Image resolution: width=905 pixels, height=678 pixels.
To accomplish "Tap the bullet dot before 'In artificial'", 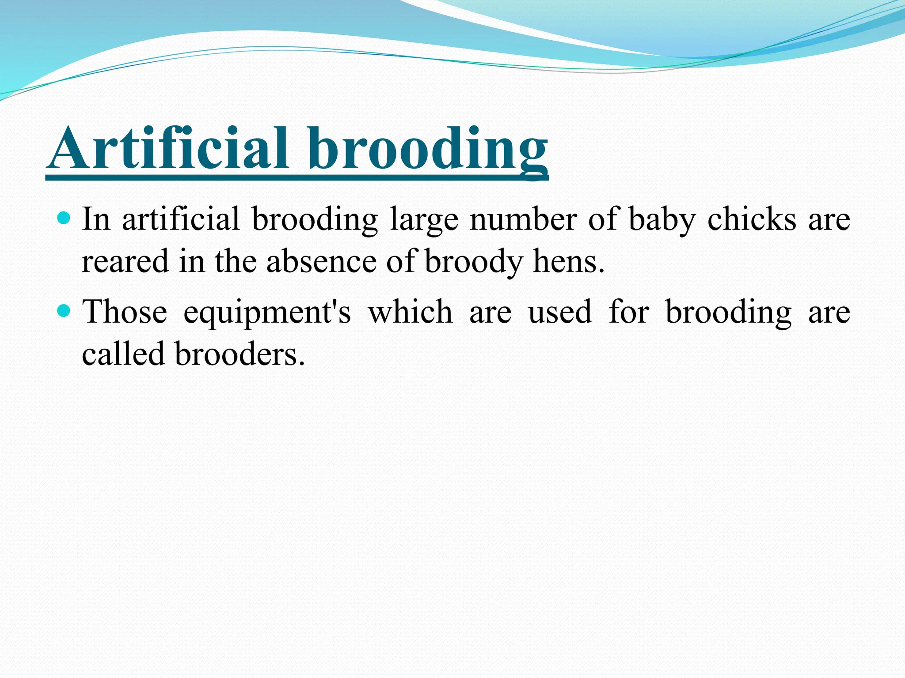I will [x=65, y=218].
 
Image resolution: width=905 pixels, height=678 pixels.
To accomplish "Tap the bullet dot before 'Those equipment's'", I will [x=65, y=311].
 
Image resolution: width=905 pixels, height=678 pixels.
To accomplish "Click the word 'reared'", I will [x=125, y=261].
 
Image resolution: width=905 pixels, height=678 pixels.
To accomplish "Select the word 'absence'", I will [x=321, y=261].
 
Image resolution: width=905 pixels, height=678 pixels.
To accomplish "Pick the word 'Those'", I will [x=125, y=312].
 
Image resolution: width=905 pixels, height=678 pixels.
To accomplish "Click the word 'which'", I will [x=411, y=312].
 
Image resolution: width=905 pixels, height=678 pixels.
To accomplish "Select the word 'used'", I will [x=560, y=312].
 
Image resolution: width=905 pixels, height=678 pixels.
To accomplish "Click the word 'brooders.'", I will [x=240, y=354].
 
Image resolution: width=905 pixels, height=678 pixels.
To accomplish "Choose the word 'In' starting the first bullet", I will [x=95, y=219].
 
